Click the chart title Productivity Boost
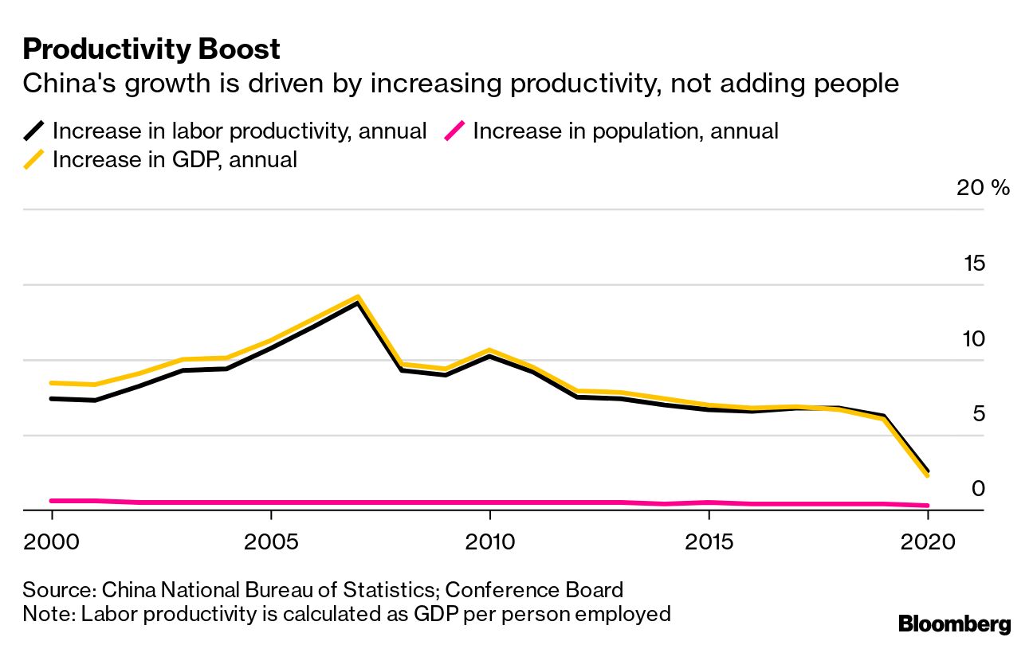[151, 49]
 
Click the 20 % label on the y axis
[983, 188]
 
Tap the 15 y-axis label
[973, 264]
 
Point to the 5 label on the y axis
[978, 414]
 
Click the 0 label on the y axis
[978, 489]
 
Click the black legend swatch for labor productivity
[33, 131]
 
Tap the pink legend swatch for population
[454, 131]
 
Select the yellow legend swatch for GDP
[33, 159]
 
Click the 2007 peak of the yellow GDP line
[358, 297]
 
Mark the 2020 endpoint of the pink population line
[927, 505]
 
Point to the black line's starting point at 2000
[52, 398]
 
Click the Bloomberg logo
[954, 623]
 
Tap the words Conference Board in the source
[533, 590]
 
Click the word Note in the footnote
[46, 614]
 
